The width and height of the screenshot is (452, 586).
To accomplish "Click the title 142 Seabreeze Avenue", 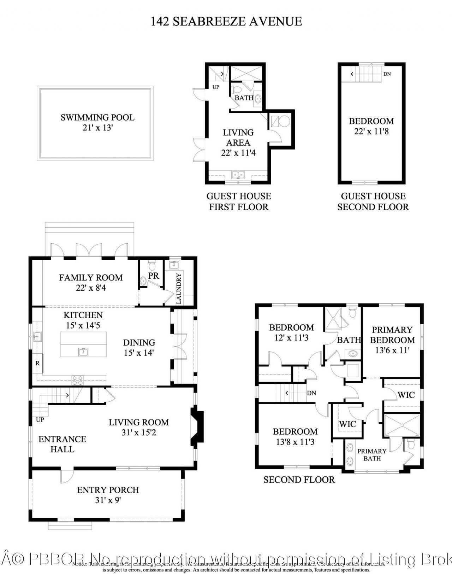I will (x=226, y=21).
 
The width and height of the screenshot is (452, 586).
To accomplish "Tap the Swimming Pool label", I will (x=97, y=117).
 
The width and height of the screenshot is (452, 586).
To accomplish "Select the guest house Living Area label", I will (x=238, y=138).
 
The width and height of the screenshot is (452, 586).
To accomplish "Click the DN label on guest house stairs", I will (x=387, y=74).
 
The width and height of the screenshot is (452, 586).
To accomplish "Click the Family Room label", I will (x=91, y=278).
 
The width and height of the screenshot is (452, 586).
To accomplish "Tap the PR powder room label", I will (x=154, y=275).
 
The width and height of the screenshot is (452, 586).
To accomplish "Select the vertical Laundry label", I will (x=179, y=288).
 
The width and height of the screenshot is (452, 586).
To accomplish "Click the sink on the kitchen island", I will (x=83, y=352).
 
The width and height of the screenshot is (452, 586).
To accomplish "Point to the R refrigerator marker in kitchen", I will (x=37, y=363).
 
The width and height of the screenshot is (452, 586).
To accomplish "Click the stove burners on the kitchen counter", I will (x=78, y=380).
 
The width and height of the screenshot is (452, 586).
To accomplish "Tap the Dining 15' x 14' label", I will (x=139, y=347).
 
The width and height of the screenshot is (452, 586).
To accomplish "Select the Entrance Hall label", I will (x=62, y=444).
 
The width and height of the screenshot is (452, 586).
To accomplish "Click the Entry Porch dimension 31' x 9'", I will (x=108, y=500).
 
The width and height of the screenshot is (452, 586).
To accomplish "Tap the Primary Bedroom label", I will (x=392, y=335).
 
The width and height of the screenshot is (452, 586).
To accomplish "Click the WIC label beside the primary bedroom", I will (x=406, y=395).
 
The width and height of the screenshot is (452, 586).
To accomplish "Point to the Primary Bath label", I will (x=372, y=454).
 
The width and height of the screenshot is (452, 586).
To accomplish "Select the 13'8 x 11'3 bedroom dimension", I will (x=295, y=442).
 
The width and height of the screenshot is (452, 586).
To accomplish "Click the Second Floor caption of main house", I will (x=299, y=480).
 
